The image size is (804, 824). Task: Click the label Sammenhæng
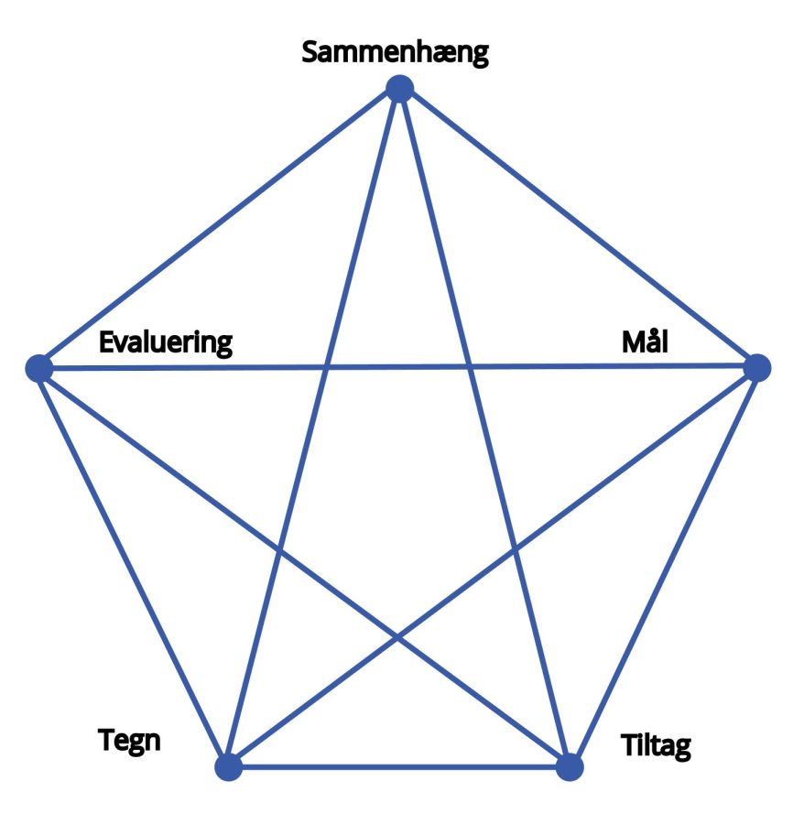tap(396, 53)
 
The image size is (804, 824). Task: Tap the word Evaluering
tap(166, 343)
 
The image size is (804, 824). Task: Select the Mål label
tap(645, 342)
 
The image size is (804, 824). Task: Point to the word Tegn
tap(129, 742)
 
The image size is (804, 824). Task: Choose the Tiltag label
tap(656, 746)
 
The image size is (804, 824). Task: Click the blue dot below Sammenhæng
tap(399, 88)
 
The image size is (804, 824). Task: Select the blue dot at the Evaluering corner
tap(39, 368)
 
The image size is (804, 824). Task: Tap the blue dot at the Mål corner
tap(757, 367)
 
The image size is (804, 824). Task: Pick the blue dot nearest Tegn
tap(229, 766)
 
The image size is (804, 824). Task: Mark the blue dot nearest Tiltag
tap(570, 766)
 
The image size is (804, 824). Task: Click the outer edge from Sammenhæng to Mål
tap(578, 228)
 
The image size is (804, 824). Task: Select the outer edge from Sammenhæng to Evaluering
tap(219, 228)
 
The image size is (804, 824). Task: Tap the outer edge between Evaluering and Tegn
tap(134, 568)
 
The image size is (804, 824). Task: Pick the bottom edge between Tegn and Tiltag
tap(399, 766)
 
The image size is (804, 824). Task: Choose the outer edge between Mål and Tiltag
tap(663, 567)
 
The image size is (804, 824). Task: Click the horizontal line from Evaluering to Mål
tap(398, 367)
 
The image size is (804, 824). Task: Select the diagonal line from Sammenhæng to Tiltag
tap(484, 428)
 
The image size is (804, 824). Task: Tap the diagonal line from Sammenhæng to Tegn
tap(314, 428)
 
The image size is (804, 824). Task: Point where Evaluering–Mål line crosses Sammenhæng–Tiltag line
tap(469, 367)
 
